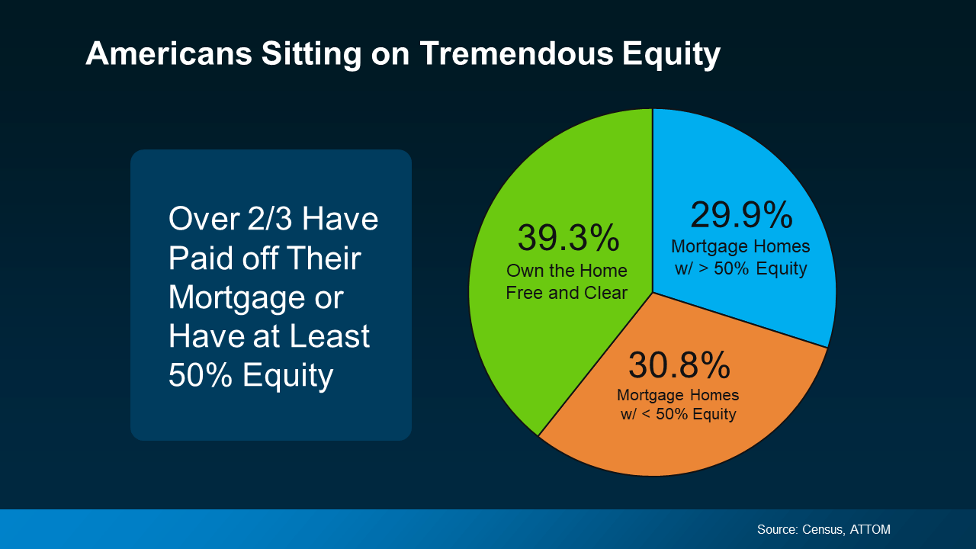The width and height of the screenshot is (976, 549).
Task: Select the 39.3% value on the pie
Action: pyautogui.click(x=568, y=238)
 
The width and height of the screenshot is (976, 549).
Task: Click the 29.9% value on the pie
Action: pyautogui.click(x=741, y=215)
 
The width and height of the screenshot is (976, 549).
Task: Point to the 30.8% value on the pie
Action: pyautogui.click(x=679, y=365)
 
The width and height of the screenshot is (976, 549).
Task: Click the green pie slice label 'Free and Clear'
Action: pyautogui.click(x=567, y=293)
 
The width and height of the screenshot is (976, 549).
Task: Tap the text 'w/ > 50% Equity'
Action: pyautogui.click(x=740, y=269)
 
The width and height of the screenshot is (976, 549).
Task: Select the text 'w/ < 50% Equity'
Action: pyautogui.click(x=678, y=415)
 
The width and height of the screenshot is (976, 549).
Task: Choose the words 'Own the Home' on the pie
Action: pyautogui.click(x=567, y=271)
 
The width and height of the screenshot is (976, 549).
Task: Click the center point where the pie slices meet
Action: pyautogui.click(x=653, y=292)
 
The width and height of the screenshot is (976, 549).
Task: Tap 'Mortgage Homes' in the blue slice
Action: pyautogui.click(x=740, y=248)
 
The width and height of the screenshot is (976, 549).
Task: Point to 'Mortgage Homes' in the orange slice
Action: pyautogui.click(x=678, y=396)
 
